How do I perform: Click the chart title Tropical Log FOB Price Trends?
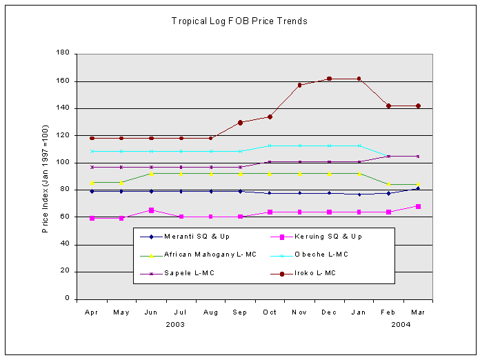[x=239, y=21]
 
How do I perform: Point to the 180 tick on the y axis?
[x=63, y=53]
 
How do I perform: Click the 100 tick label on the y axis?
[x=63, y=163]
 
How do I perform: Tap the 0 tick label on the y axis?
[x=67, y=299]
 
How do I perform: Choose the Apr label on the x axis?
[x=92, y=312]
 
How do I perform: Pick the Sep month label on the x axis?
[x=240, y=312]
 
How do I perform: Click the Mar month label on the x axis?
[x=418, y=312]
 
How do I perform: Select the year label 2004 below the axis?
[x=403, y=324]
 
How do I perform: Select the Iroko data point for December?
[x=329, y=79]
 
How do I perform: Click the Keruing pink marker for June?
[x=151, y=210]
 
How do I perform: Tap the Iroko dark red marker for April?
[x=92, y=138]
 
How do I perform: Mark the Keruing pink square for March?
[x=418, y=206]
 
